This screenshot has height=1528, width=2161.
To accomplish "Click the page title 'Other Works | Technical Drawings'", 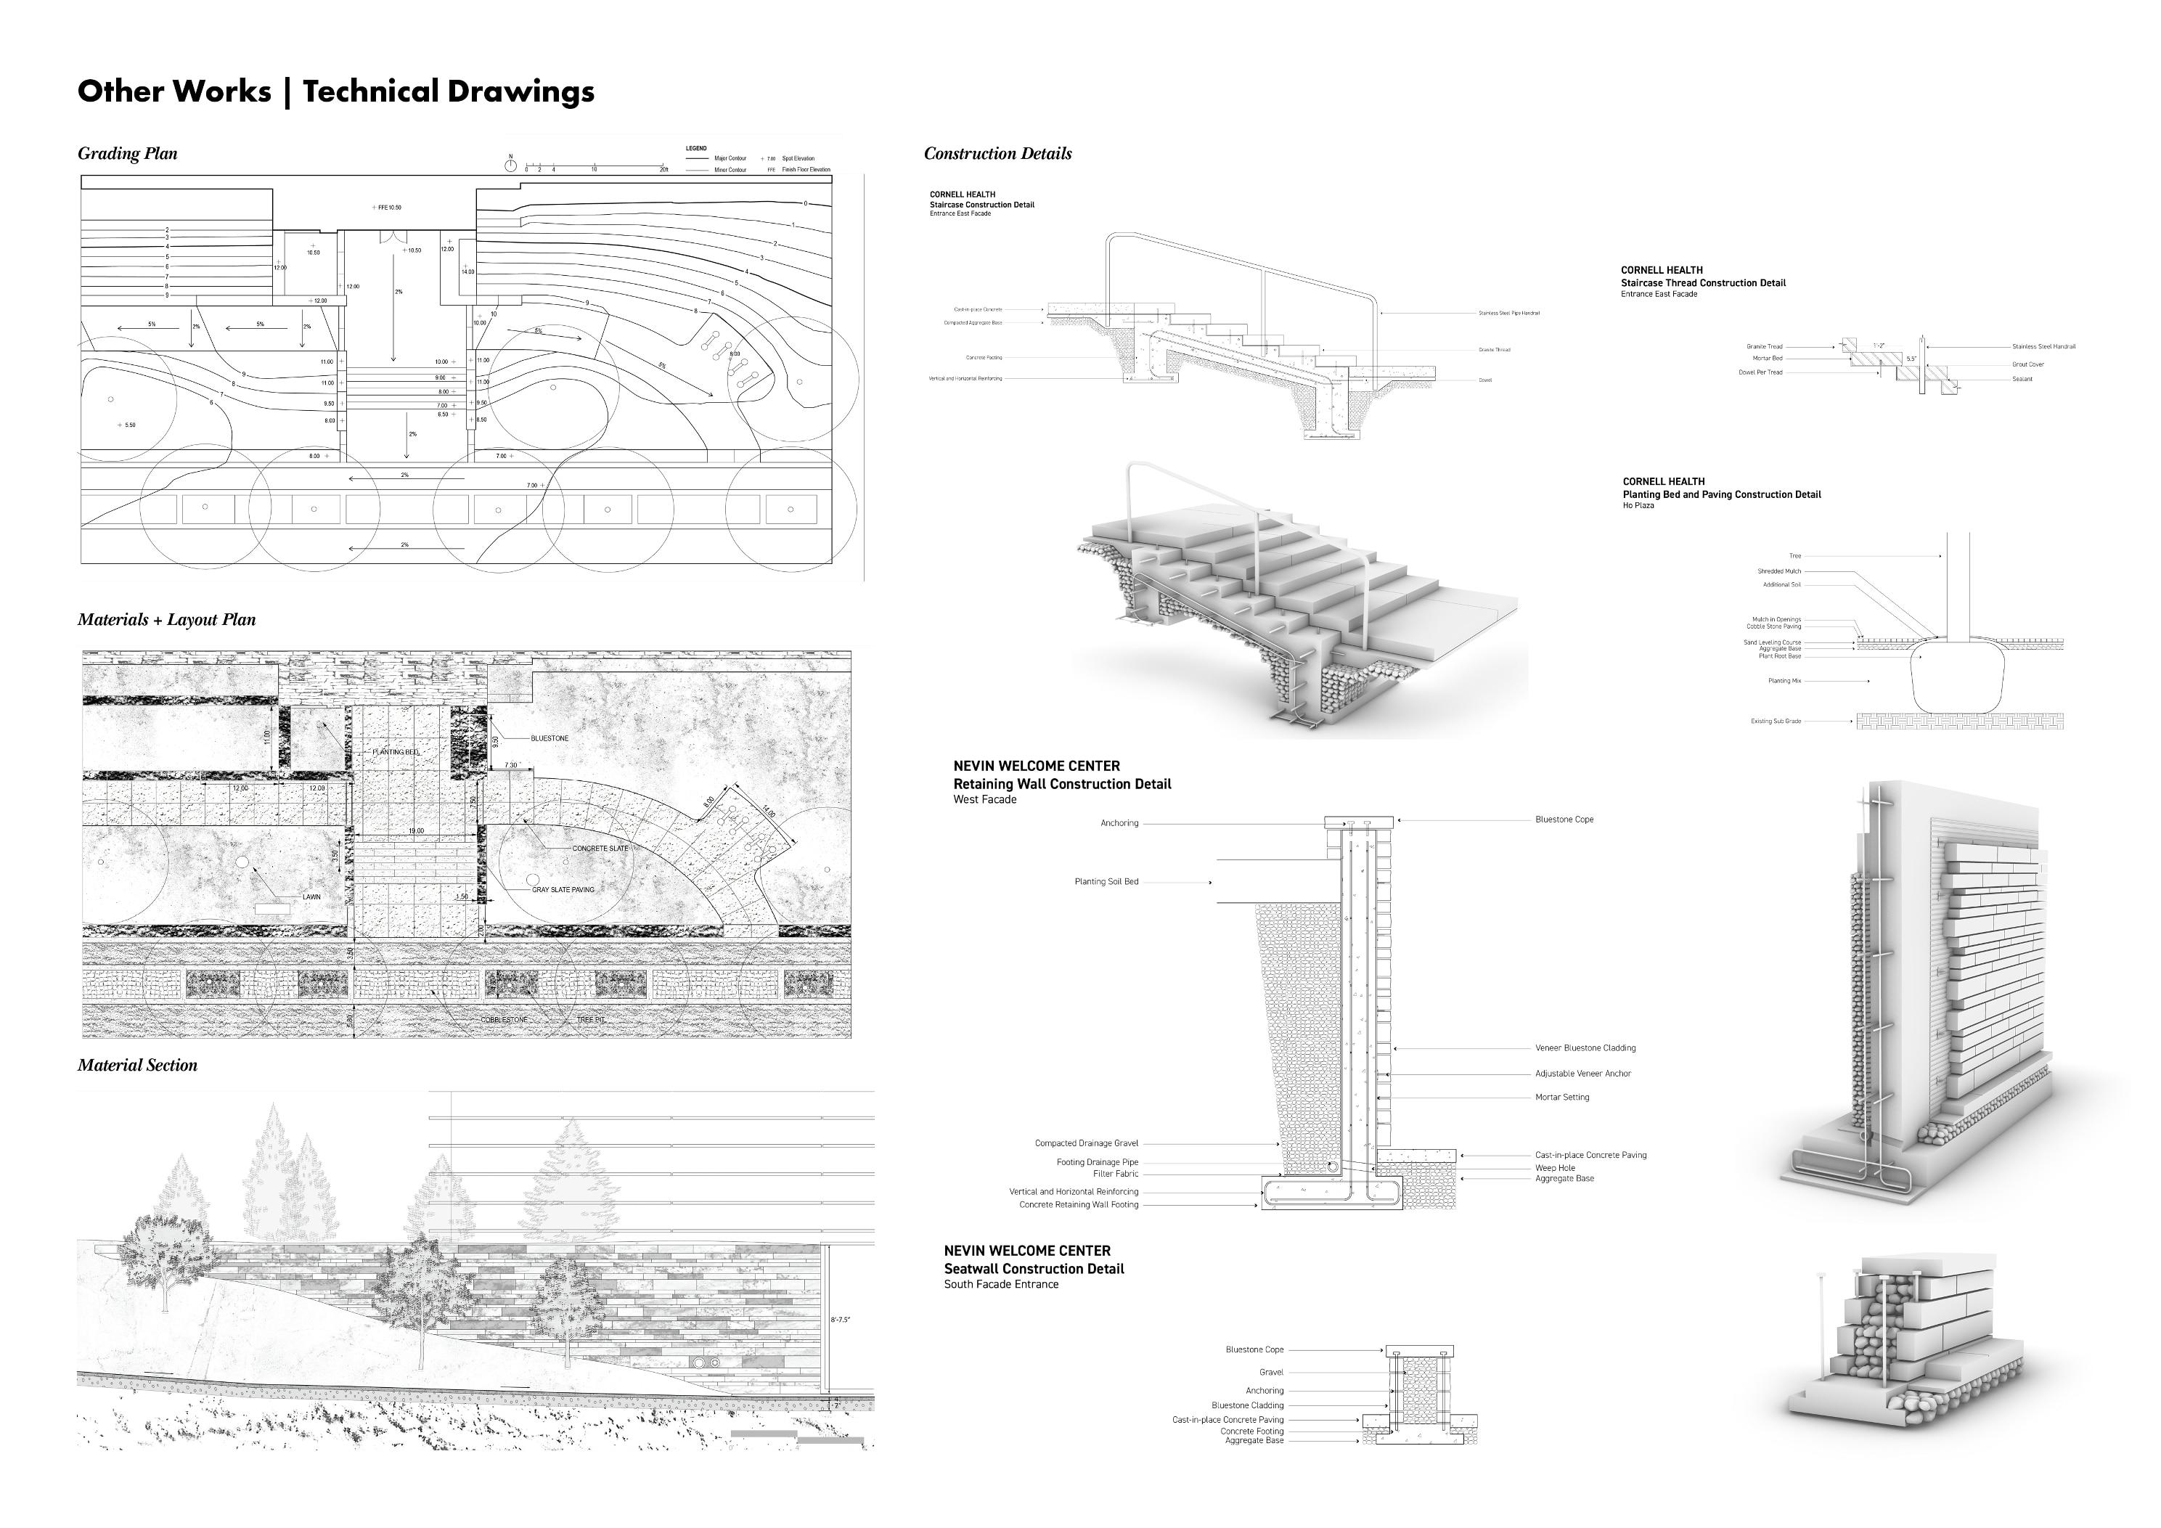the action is coord(336,91).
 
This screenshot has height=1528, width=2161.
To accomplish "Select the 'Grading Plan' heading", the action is coord(127,153).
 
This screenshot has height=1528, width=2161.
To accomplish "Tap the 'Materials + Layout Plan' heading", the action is coord(166,619).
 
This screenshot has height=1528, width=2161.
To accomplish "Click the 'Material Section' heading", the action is coord(137,1065).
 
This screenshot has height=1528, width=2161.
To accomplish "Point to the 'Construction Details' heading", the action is coord(997,153).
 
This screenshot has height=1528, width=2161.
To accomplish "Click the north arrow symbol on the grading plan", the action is coord(510,165).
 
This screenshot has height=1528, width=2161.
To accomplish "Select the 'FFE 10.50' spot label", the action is coord(388,207).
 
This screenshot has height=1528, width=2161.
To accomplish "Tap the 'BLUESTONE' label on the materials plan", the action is coord(550,738).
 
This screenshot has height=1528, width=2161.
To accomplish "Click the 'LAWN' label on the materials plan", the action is coord(311,896).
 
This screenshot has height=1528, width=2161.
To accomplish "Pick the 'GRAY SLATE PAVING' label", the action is coord(563,890).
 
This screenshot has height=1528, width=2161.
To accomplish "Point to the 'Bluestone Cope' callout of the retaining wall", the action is coord(1564,819).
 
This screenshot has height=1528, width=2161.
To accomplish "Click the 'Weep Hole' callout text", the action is coord(1555,1167).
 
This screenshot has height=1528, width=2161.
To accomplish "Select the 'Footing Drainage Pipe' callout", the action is coord(1097,1161).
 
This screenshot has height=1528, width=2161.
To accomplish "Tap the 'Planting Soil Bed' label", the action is coord(1106,881).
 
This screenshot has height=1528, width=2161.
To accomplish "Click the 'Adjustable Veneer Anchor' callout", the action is coord(1583,1074).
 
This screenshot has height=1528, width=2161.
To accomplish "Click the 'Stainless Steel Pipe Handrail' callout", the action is coord(1508,314).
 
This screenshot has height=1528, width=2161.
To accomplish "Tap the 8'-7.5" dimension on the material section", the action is coord(841,1320).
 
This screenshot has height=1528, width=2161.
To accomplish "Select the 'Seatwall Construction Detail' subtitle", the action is coord(1034,1268).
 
